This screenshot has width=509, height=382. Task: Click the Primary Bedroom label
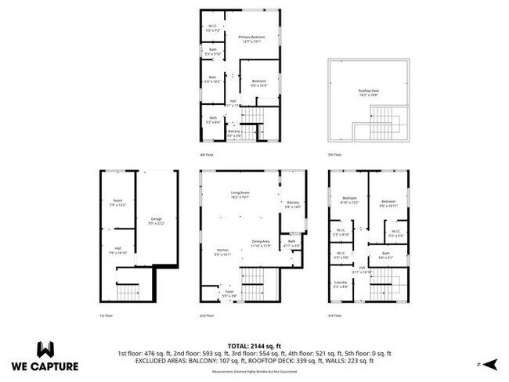[x=251, y=39]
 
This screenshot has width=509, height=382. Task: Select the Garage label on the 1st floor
[x=156, y=221]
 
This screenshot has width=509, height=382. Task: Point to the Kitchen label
[x=223, y=251]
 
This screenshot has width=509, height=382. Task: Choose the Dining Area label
[x=261, y=243]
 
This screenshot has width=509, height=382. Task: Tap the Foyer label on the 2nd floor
[x=229, y=294]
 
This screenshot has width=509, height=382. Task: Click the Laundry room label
[x=340, y=284]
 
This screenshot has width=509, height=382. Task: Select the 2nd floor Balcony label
[x=293, y=204]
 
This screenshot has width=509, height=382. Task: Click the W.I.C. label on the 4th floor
[x=212, y=27]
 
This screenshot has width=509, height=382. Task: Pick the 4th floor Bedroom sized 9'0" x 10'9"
[x=259, y=83]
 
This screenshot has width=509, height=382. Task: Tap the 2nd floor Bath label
[x=291, y=243]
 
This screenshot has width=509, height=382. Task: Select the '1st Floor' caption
[x=106, y=315]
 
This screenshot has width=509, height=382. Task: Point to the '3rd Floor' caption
[x=335, y=315]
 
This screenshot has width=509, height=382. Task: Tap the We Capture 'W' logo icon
[x=45, y=348]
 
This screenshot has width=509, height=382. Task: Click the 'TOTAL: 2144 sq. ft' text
[x=254, y=345]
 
